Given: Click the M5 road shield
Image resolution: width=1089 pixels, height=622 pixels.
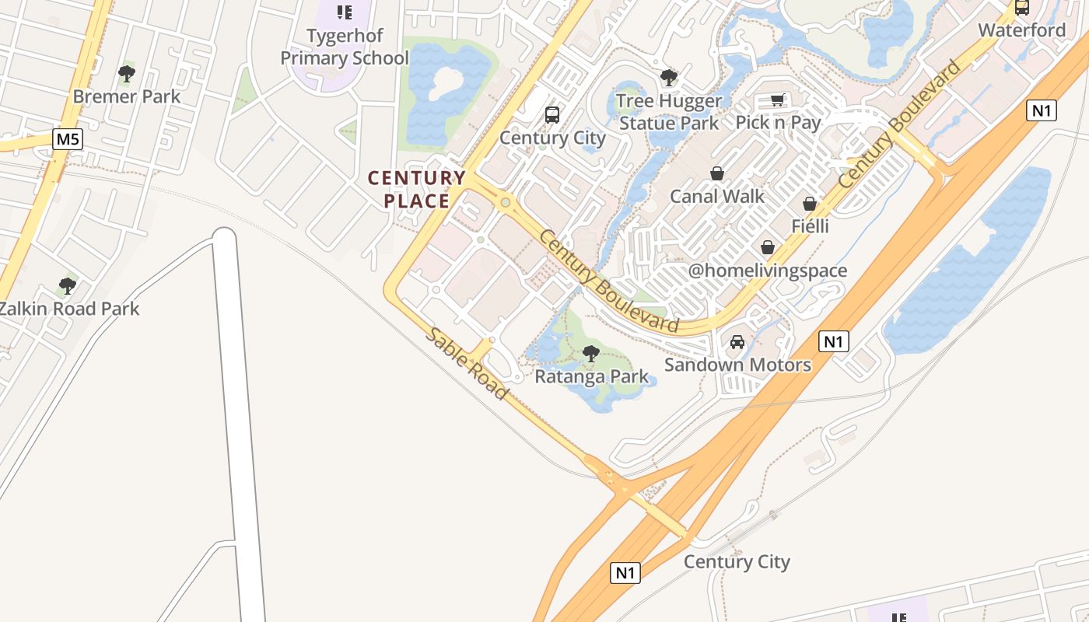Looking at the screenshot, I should [x=68, y=140].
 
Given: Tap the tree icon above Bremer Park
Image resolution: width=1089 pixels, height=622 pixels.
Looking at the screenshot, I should [x=127, y=75].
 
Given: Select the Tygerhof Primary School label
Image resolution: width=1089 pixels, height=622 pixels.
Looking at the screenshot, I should [x=345, y=47].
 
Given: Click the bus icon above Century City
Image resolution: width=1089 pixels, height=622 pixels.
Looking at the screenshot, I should [x=552, y=115].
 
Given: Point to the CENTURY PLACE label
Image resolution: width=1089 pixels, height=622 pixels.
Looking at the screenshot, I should [x=417, y=189].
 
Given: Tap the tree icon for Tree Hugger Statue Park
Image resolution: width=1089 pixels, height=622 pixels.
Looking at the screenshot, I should [x=668, y=78].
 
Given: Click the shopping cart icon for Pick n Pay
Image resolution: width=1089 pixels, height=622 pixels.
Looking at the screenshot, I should [x=777, y=100].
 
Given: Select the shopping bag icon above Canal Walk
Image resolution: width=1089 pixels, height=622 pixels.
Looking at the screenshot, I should [x=717, y=173].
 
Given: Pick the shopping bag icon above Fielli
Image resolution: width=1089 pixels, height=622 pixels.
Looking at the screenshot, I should [x=810, y=204].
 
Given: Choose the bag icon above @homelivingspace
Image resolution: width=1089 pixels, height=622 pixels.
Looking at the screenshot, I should [x=768, y=247].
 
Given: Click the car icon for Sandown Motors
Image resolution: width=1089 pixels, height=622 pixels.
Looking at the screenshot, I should [x=737, y=342].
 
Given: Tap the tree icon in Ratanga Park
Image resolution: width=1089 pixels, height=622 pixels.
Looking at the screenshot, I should [x=591, y=354].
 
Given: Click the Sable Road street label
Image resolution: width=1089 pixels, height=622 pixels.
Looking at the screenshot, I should [x=467, y=364].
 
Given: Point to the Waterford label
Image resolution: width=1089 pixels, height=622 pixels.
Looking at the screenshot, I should [x=1021, y=30].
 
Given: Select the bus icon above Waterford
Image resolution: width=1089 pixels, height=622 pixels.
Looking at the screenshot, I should [x=1022, y=8].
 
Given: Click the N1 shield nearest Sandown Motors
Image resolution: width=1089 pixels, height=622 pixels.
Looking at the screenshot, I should [x=833, y=341].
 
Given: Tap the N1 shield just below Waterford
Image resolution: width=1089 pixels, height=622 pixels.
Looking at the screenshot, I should [x=1042, y=110].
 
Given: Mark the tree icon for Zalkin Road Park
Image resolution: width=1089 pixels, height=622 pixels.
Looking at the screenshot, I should [x=68, y=286].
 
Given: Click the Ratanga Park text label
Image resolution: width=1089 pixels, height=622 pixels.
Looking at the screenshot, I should [x=591, y=377].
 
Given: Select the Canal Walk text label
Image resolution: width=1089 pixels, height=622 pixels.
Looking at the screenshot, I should [x=717, y=196].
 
